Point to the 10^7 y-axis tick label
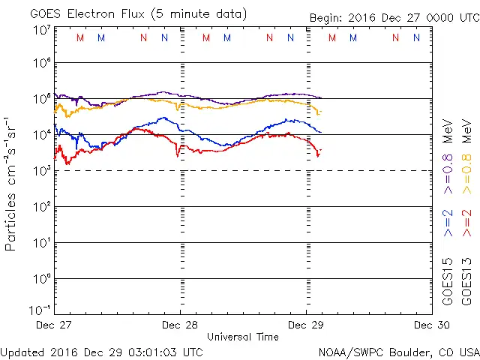[41, 31]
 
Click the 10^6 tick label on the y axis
[41, 64]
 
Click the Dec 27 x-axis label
[53, 325]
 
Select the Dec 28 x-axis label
[180, 325]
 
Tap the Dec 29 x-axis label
[307, 325]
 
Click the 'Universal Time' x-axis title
[242, 337]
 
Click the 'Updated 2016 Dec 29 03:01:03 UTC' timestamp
[102, 351]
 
